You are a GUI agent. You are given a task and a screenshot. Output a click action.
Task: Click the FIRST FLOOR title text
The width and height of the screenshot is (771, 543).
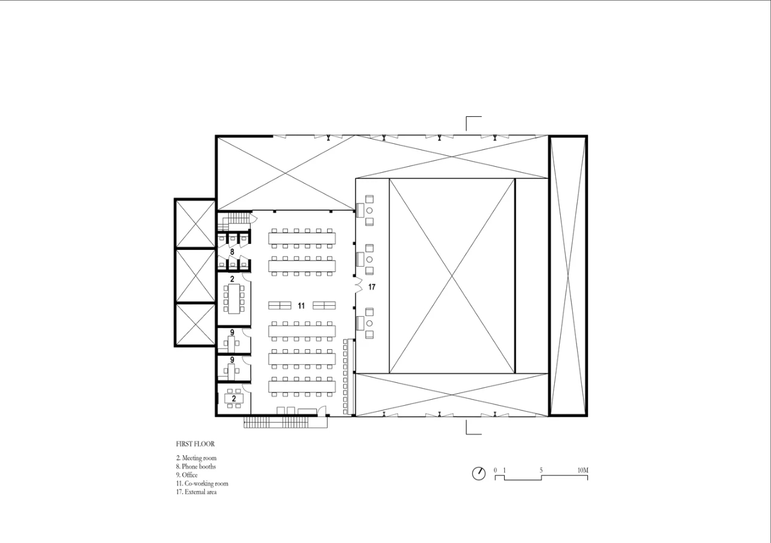195,444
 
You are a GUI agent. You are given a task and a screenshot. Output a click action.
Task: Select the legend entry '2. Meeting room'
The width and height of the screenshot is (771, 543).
196,458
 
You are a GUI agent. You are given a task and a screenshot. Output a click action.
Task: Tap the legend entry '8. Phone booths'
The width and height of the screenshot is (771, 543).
196,467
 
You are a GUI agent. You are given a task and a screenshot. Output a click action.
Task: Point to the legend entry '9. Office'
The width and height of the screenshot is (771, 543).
187,475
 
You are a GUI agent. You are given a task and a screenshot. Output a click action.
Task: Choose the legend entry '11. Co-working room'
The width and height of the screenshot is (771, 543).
202,483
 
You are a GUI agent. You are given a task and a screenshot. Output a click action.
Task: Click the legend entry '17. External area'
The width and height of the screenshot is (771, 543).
196,492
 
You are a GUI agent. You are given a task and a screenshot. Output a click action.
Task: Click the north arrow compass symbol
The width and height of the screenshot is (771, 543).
479,474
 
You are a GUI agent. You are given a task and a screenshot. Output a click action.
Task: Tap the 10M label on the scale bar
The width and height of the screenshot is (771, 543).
582,470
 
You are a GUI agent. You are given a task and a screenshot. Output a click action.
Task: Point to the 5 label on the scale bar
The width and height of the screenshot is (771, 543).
541,470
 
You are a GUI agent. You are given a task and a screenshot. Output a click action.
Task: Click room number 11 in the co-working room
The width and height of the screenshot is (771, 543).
301,306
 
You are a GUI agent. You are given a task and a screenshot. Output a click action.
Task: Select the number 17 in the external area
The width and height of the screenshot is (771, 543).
372,287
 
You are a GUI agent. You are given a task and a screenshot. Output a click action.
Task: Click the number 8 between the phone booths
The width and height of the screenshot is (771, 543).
232,252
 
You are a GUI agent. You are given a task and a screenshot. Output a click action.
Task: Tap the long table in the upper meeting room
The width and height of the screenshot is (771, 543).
234,299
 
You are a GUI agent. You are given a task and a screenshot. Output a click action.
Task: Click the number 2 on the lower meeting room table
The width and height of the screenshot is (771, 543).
234,399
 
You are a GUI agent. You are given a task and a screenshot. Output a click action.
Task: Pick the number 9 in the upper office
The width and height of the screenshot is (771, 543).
233,332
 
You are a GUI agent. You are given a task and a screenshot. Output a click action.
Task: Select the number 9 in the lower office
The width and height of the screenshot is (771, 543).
233,359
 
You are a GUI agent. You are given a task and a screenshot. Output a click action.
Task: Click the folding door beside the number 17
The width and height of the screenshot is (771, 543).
360,285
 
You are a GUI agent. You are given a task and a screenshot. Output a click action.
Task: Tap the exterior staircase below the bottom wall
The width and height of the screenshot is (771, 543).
286,422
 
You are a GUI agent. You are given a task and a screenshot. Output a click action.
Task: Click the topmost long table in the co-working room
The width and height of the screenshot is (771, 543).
302,238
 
